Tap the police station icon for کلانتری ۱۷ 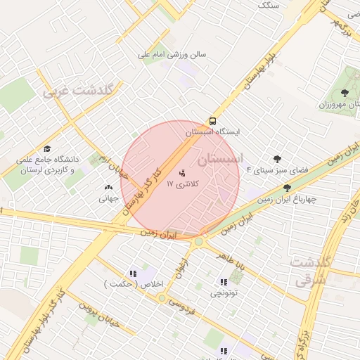pos(183,172)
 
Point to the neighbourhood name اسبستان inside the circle pos(220,160)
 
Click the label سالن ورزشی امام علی pos(172,54)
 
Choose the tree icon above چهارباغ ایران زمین pos(287,188)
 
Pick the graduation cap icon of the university pos(47,148)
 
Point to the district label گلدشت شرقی pos(310,271)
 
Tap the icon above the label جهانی pos(108,188)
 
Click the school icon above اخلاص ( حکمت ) pos(131,273)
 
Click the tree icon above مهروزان pos(344,93)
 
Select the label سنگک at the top pos(269,5)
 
